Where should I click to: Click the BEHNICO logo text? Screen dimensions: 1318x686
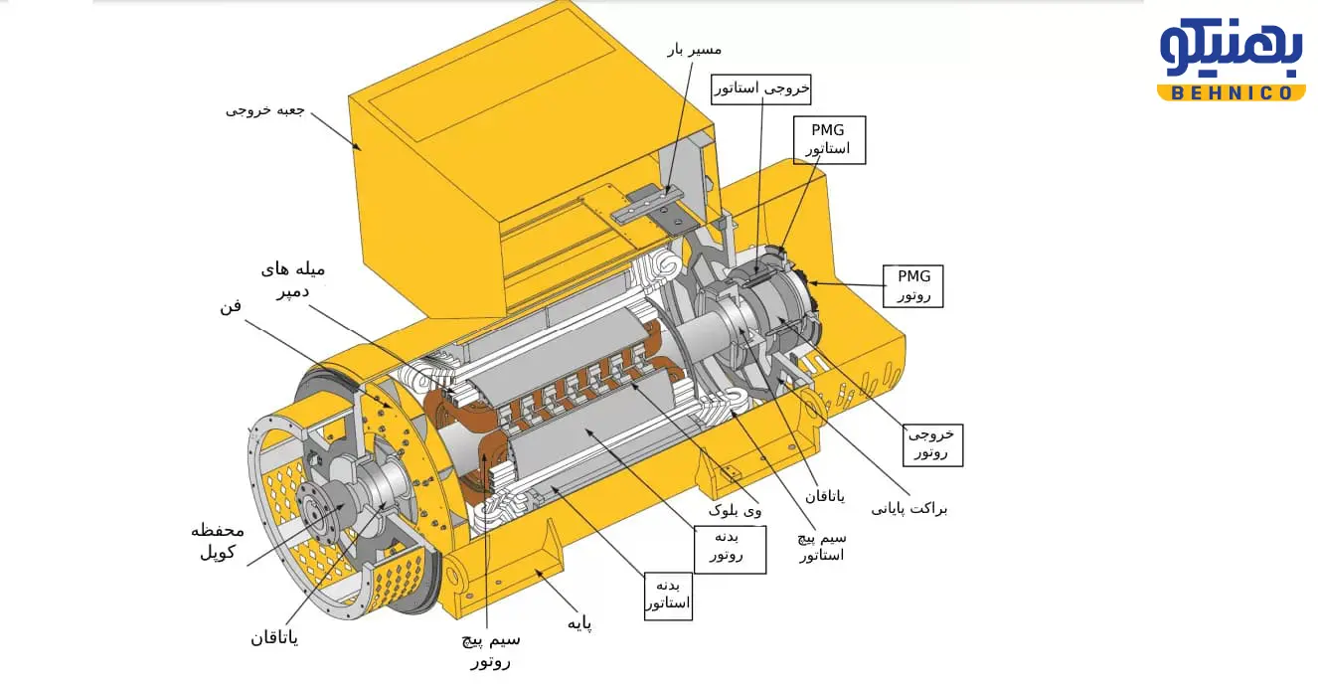coord(1231,92)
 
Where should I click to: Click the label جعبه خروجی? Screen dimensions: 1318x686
coord(264,110)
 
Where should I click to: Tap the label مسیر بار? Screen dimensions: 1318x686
coord(695,50)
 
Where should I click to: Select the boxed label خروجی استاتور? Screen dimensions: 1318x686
coord(760,89)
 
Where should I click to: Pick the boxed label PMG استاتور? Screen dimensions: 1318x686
coord(829,140)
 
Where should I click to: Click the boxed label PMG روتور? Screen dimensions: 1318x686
coord(912,286)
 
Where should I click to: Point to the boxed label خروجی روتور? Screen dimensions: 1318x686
coord(932,445)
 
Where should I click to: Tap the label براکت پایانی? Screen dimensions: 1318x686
coord(909,509)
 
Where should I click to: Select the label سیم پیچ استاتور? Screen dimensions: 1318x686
coord(821,547)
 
